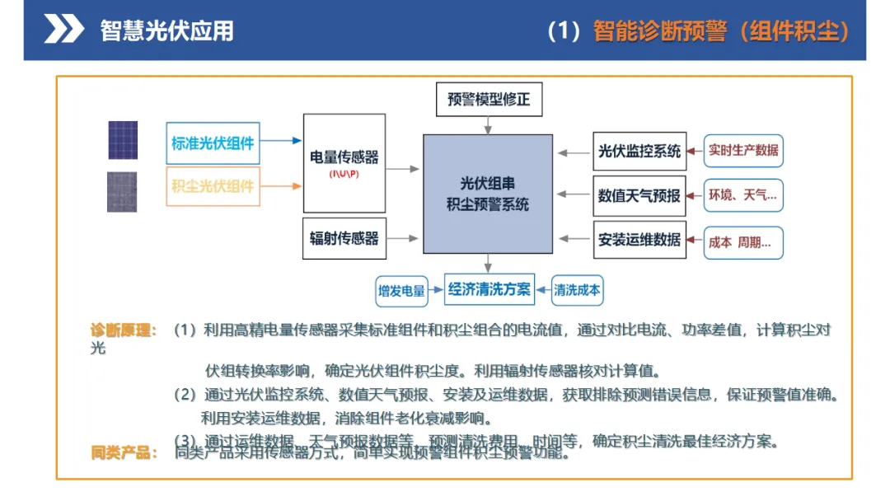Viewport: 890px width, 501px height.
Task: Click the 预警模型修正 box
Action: tap(489, 100)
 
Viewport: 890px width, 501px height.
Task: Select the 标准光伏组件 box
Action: tap(213, 142)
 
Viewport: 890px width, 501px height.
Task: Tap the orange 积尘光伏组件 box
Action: tap(213, 185)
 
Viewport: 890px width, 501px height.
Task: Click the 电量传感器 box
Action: tap(344, 163)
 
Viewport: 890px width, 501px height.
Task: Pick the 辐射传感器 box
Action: tap(344, 239)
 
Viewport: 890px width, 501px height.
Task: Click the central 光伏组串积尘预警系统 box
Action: tap(488, 194)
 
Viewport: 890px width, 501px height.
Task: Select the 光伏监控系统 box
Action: tap(639, 152)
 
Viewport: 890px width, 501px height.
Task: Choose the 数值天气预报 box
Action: tap(639, 196)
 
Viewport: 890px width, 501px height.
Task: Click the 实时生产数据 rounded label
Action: tap(742, 151)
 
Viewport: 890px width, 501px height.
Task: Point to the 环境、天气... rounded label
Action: tap(742, 195)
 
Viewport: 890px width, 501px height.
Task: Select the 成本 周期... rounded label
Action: tap(742, 243)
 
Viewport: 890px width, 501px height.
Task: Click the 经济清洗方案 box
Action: tap(489, 289)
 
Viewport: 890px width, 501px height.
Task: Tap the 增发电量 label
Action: tap(401, 290)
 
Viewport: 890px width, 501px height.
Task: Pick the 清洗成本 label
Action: tap(577, 290)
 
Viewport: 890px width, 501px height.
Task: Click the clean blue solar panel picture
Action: tap(123, 140)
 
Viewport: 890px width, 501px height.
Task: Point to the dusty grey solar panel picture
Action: tap(122, 191)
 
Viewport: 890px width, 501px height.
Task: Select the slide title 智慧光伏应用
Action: tap(166, 30)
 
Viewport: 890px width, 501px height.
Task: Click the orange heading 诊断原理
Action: tap(123, 330)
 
